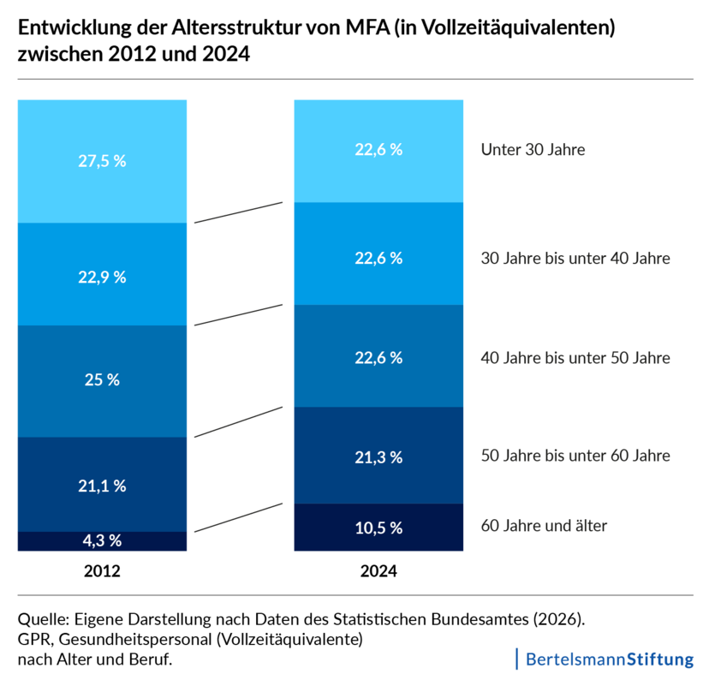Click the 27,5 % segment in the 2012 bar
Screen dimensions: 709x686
102,161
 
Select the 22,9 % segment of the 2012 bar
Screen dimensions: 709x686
102,274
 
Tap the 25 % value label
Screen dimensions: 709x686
102,380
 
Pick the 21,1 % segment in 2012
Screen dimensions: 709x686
102,485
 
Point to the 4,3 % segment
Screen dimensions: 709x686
102,541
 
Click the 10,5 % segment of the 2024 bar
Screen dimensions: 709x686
378,528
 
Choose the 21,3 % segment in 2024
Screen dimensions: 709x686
378,456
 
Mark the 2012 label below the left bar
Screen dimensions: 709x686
102,571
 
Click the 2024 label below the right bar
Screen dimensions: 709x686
378,571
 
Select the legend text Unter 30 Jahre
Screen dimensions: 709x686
533,150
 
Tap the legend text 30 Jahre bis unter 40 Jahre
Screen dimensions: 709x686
575,258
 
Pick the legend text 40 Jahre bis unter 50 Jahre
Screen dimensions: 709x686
575,358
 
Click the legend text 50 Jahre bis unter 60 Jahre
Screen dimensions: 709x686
575,456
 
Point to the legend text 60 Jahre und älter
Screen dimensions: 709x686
544,526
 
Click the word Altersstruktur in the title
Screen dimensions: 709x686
236,27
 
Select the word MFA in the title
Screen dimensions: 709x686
367,27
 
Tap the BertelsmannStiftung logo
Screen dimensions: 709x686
605,659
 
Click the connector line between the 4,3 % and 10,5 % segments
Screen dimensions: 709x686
238,518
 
